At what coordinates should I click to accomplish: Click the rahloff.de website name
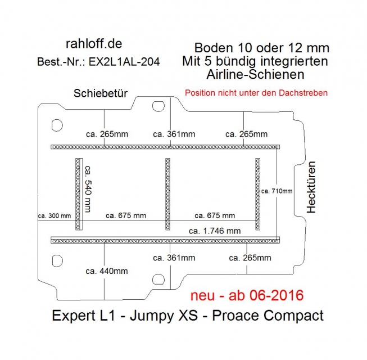click(x=94, y=44)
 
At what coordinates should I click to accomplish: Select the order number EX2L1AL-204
click(x=124, y=62)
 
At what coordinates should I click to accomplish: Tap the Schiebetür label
click(x=101, y=93)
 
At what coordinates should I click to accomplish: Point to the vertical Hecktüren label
click(x=311, y=187)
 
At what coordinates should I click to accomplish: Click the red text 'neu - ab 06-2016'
click(x=247, y=295)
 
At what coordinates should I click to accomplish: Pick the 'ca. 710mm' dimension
click(x=277, y=191)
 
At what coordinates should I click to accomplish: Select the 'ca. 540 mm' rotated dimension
click(x=88, y=189)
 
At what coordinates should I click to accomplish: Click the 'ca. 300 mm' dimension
click(x=55, y=216)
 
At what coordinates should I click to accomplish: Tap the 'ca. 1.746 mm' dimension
click(x=215, y=231)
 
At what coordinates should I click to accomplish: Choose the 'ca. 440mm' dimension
click(x=107, y=271)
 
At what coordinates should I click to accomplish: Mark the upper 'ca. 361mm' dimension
click(x=174, y=134)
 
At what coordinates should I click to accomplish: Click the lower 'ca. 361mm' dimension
click(x=174, y=258)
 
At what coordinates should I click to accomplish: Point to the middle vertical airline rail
click(x=167, y=194)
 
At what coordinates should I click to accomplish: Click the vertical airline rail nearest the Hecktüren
click(x=258, y=194)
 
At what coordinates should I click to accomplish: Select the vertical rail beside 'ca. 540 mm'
click(x=79, y=194)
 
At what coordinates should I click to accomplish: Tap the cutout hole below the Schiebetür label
click(x=158, y=106)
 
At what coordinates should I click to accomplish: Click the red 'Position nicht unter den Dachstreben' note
click(x=256, y=93)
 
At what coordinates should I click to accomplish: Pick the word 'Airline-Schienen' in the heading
click(x=255, y=74)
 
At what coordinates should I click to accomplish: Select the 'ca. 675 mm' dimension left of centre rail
click(x=126, y=216)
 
